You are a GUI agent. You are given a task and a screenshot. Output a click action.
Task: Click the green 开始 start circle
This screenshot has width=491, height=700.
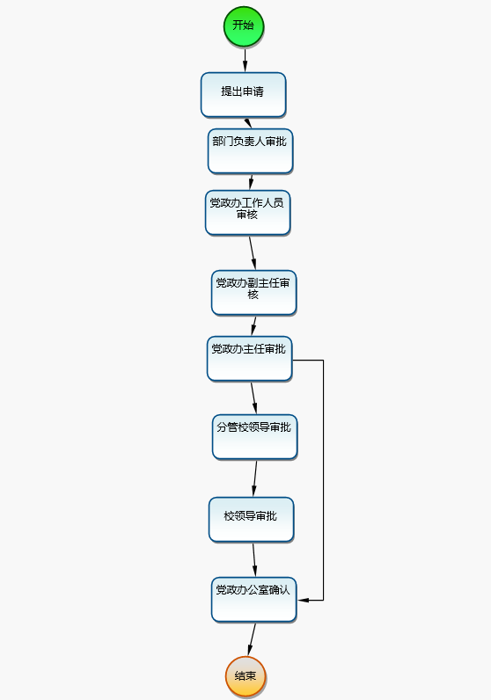244,26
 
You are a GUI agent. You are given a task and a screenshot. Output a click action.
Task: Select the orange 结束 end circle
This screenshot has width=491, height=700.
245,676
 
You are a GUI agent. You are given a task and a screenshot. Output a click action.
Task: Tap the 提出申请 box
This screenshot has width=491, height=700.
243,95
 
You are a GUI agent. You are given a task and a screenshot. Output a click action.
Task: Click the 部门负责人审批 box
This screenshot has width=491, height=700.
250,151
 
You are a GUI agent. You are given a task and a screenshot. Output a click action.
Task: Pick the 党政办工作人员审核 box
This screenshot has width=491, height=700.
247,213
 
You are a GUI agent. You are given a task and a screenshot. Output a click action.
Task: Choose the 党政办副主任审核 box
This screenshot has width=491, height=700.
253,293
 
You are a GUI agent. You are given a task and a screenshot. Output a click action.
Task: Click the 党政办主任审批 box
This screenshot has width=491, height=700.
249,359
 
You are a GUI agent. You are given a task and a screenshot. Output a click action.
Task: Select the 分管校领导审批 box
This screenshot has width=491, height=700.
254,437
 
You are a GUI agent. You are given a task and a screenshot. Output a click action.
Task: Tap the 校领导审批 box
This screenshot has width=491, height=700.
251,520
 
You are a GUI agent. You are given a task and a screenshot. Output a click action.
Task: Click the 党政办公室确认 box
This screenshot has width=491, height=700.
253,600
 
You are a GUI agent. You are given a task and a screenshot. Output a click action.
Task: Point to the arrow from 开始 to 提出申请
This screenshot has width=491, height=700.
245,61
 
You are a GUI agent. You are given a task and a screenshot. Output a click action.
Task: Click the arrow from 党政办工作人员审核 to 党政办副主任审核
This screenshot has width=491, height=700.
253,253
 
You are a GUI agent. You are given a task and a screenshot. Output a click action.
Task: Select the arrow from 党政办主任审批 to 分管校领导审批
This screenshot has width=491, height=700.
253,398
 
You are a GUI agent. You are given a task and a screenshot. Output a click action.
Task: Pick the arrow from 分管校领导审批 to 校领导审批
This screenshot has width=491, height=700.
254,478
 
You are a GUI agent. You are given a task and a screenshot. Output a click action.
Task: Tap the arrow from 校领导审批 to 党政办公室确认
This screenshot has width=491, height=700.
254,560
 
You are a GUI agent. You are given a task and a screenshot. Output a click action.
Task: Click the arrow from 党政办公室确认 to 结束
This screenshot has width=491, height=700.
252,639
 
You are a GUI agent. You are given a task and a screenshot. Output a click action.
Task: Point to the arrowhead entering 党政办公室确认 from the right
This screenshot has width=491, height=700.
303,600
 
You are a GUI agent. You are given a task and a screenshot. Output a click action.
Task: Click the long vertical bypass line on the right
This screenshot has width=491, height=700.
323,480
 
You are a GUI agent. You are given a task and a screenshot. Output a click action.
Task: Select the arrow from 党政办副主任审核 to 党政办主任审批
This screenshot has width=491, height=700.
253,326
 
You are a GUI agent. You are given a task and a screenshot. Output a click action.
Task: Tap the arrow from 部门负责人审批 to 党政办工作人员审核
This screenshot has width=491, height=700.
251,182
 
